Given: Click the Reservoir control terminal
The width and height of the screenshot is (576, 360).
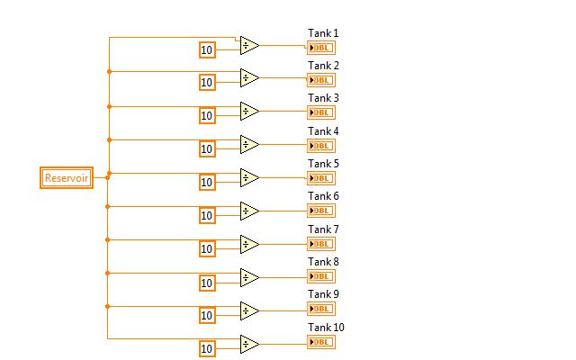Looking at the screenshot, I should pos(67,178).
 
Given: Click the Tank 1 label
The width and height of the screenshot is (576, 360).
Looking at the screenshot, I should pos(323,33).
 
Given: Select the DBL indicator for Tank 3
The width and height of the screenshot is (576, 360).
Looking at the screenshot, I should pos(321,112).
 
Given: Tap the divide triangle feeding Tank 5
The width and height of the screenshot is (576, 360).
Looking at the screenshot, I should pos(249,177).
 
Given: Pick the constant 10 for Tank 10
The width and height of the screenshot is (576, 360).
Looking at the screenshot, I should pos(207,348).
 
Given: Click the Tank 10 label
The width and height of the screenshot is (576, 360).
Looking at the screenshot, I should pos(326,328).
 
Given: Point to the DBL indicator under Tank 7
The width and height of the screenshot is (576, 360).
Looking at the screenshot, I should pos(321,244).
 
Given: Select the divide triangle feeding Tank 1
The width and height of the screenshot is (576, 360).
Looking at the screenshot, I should pos(249,45).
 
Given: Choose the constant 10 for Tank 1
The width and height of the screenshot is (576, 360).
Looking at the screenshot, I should pos(207,49).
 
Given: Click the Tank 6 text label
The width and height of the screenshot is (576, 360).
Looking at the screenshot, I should pos(323,196).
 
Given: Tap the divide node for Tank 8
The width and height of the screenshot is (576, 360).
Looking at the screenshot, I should pos(249,277).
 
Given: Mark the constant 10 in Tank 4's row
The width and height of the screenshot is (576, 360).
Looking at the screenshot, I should pos(207,149).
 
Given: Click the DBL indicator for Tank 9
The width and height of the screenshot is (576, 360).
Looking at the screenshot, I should pos(321,310).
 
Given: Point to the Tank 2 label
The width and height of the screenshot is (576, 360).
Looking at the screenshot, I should pos(323,66).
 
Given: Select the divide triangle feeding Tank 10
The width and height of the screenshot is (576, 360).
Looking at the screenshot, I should pos(249,344).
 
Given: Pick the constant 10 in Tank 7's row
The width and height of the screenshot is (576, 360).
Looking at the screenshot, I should pos(207,249).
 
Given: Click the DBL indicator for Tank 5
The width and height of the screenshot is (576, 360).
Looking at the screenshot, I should pos(321,178).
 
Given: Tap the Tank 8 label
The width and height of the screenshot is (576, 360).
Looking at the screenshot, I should pos(323,262).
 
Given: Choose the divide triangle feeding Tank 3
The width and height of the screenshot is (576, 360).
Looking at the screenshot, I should pos(249,112).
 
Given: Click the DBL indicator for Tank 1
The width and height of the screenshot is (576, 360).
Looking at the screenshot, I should pos(321,47).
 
